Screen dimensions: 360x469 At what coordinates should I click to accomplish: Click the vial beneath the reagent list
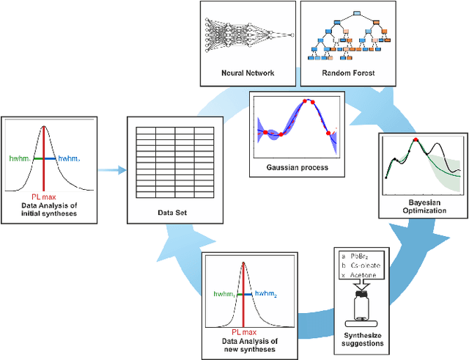(363, 307)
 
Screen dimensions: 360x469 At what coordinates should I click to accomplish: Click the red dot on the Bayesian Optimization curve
(416, 139)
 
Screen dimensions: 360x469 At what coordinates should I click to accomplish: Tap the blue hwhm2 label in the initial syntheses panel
(70, 157)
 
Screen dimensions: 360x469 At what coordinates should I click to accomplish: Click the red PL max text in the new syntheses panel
(240, 332)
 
